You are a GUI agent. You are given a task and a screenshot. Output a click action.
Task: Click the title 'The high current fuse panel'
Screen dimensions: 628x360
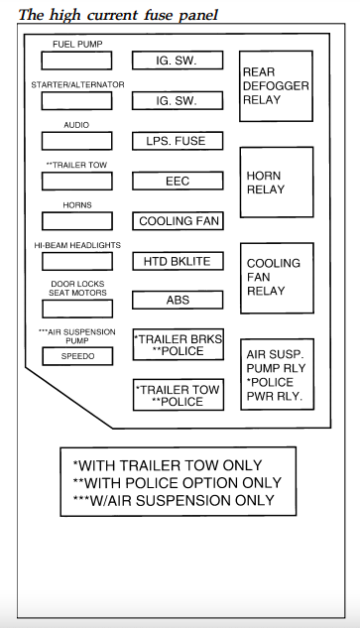point(119,14)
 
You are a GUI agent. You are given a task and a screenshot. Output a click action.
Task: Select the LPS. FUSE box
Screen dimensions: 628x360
point(177,141)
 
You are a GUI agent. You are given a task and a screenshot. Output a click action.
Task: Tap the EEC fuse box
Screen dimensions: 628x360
point(177,182)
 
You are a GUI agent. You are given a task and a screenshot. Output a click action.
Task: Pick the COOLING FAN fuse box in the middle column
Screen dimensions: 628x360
point(179,221)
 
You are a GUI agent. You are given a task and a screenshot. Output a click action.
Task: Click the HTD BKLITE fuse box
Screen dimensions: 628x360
point(177,261)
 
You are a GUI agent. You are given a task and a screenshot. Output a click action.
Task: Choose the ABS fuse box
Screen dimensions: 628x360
point(177,300)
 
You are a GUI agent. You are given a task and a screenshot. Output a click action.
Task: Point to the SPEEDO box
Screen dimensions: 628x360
point(77,356)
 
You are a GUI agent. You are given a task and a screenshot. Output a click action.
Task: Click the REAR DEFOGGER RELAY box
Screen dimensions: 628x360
point(276,86)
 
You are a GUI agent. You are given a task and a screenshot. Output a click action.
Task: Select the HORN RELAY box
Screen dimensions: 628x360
point(276,183)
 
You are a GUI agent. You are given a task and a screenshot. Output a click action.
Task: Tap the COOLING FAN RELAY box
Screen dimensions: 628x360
point(276,278)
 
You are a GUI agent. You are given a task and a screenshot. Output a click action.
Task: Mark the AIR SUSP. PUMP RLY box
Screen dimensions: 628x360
point(276,375)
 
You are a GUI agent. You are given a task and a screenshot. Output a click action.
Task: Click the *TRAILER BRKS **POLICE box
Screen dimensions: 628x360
point(177,345)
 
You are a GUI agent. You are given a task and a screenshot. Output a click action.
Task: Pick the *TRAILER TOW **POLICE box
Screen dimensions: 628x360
point(177,395)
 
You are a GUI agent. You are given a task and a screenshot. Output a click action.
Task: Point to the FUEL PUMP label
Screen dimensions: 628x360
point(77,45)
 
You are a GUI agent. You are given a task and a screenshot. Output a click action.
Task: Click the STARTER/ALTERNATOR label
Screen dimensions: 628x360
point(77,85)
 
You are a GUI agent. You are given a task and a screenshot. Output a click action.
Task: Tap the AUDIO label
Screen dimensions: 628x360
point(77,126)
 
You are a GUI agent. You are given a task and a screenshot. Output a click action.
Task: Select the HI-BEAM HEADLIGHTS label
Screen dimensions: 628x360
point(77,245)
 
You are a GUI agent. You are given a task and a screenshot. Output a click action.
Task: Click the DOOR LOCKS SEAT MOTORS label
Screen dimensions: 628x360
point(77,289)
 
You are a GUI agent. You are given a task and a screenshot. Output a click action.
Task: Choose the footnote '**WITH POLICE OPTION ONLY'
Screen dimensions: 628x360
point(177,482)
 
